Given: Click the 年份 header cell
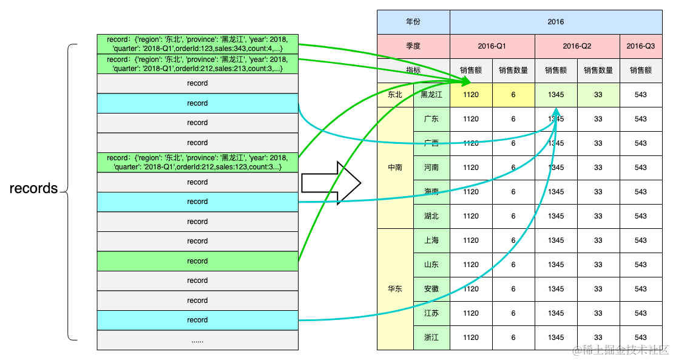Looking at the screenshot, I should (x=413, y=22).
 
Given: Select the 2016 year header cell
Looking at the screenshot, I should (x=555, y=22).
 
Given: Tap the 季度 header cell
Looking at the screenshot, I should (x=413, y=46).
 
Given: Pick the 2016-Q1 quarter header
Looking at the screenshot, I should (x=492, y=46).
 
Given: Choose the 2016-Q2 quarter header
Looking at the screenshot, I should (x=577, y=46).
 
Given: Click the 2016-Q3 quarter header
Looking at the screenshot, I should (x=641, y=46).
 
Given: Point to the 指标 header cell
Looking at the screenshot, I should (x=413, y=70).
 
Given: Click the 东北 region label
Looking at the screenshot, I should (x=395, y=95).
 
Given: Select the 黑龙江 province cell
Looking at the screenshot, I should (x=431, y=95).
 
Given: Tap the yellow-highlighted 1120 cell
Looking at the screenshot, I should (x=471, y=95).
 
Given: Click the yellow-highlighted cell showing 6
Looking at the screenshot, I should (x=513, y=95).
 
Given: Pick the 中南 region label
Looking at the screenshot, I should (x=395, y=168).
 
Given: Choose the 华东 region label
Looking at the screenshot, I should (x=395, y=289).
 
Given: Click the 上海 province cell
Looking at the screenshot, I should (x=431, y=240).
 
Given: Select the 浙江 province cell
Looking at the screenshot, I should (x=431, y=338).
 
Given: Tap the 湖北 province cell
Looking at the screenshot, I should (x=431, y=216).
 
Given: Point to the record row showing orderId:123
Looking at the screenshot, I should (x=197, y=44).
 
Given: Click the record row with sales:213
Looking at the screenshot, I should (x=197, y=64).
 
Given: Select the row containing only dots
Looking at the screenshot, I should (x=197, y=340).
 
